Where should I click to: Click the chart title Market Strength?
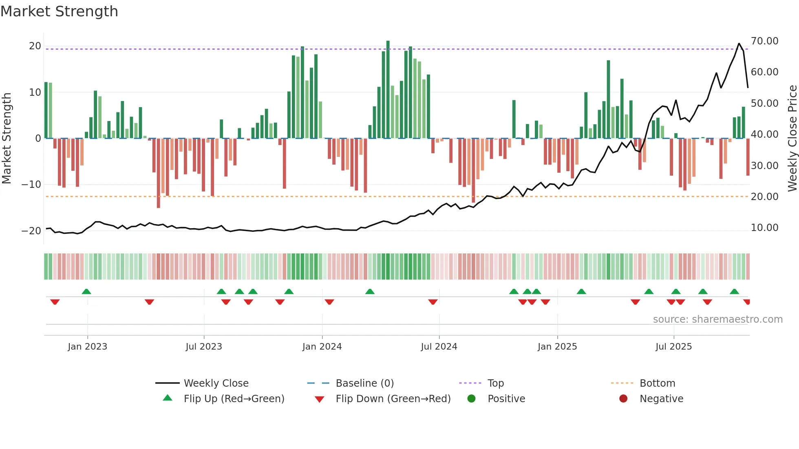pos(60,11)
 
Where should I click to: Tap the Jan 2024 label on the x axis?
pos(322,347)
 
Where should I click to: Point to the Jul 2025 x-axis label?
pos(673,347)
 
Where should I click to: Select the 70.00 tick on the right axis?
pos(764,41)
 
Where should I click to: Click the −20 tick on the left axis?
pos(31,231)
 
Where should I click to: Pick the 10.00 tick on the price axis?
pos(764,228)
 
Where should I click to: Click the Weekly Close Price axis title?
pos(792,139)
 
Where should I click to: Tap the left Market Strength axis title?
pos(7,139)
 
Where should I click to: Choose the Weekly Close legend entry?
pos(216,383)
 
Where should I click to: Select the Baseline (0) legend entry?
pos(364,383)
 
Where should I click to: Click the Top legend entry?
pos(495,383)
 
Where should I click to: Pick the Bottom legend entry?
pos(657,383)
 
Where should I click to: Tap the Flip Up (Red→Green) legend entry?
pos(234,399)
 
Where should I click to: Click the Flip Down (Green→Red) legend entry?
pos(393,399)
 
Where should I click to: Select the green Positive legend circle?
pos(472,399)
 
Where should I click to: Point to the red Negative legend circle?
pos(623,399)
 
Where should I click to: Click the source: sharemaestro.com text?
pos(717,319)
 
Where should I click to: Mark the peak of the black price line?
pos(739,43)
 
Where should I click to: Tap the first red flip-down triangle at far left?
pos(55,302)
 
